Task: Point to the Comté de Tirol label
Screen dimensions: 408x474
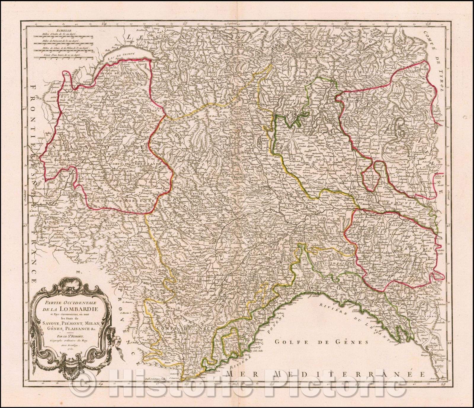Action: click(x=435, y=62)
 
